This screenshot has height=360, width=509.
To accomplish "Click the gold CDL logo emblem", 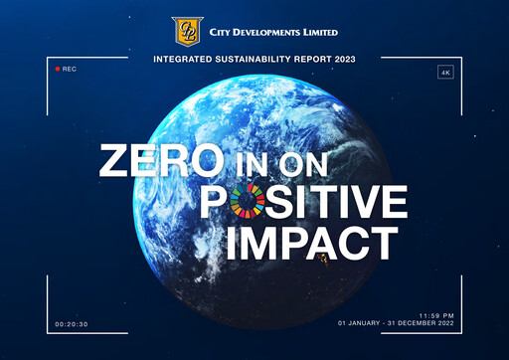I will point(186,31).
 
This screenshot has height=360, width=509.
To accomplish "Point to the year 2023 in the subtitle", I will point(341,60).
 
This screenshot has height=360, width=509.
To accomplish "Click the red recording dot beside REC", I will point(56,69).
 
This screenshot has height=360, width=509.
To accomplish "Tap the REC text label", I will point(69,69).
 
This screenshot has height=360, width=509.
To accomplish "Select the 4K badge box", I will point(443,73).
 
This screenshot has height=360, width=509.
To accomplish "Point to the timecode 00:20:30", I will point(72,324).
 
